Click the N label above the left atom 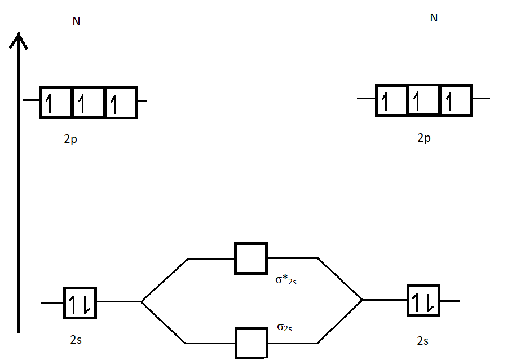coord(76,21)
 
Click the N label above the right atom coord(434,18)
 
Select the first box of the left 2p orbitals coord(56,103)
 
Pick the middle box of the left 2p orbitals coord(89,103)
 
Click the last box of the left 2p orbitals coord(121,103)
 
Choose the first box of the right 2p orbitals coord(391,100)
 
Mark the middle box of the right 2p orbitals coord(423,100)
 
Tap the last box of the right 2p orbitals coord(456,100)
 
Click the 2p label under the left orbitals coord(70,139)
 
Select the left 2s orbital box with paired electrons coord(81,303)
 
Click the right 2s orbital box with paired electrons coord(423,301)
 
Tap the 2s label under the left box coord(76,340)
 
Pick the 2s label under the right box coord(422,341)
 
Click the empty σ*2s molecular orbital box coord(251,258)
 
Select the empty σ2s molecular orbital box coord(251,343)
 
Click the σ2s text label coord(284,327)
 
